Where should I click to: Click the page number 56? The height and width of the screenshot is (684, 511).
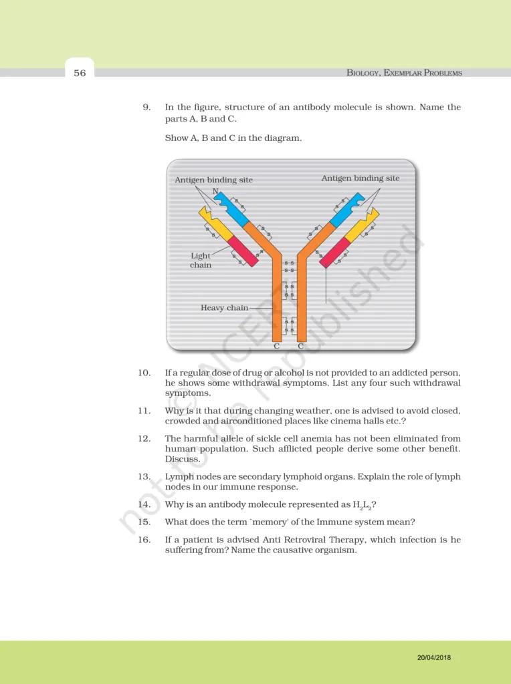[80, 73]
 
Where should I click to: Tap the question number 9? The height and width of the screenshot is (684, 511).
[146, 108]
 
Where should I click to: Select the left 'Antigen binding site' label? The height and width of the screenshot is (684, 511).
[213, 180]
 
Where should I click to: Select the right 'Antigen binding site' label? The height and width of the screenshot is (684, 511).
[361, 178]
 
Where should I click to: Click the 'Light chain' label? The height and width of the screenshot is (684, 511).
[201, 261]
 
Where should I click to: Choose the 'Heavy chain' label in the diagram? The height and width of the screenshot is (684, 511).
[224, 308]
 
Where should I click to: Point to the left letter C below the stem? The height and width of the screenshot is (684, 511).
[277, 346]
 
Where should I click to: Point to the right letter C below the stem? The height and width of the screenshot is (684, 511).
[301, 346]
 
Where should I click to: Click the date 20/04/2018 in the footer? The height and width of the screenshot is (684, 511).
[433, 658]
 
